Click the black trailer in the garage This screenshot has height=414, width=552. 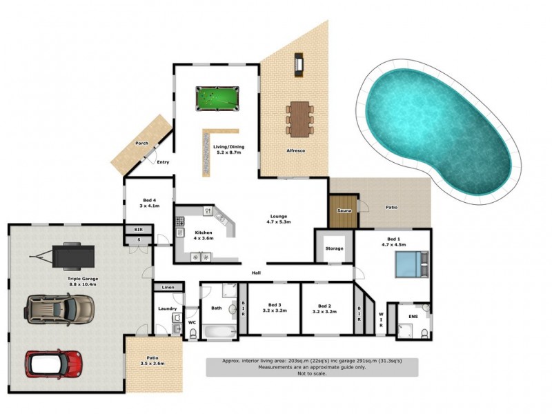click(x=69, y=257)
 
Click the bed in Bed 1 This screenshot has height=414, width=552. click(x=410, y=264)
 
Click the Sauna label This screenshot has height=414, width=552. click(x=344, y=210)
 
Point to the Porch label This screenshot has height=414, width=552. click(x=141, y=144)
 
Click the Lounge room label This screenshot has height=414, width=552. click(x=279, y=219)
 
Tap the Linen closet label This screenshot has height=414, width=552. click(x=168, y=287)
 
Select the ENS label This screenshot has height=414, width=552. click(x=413, y=317)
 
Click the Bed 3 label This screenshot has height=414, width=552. click(x=275, y=308)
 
